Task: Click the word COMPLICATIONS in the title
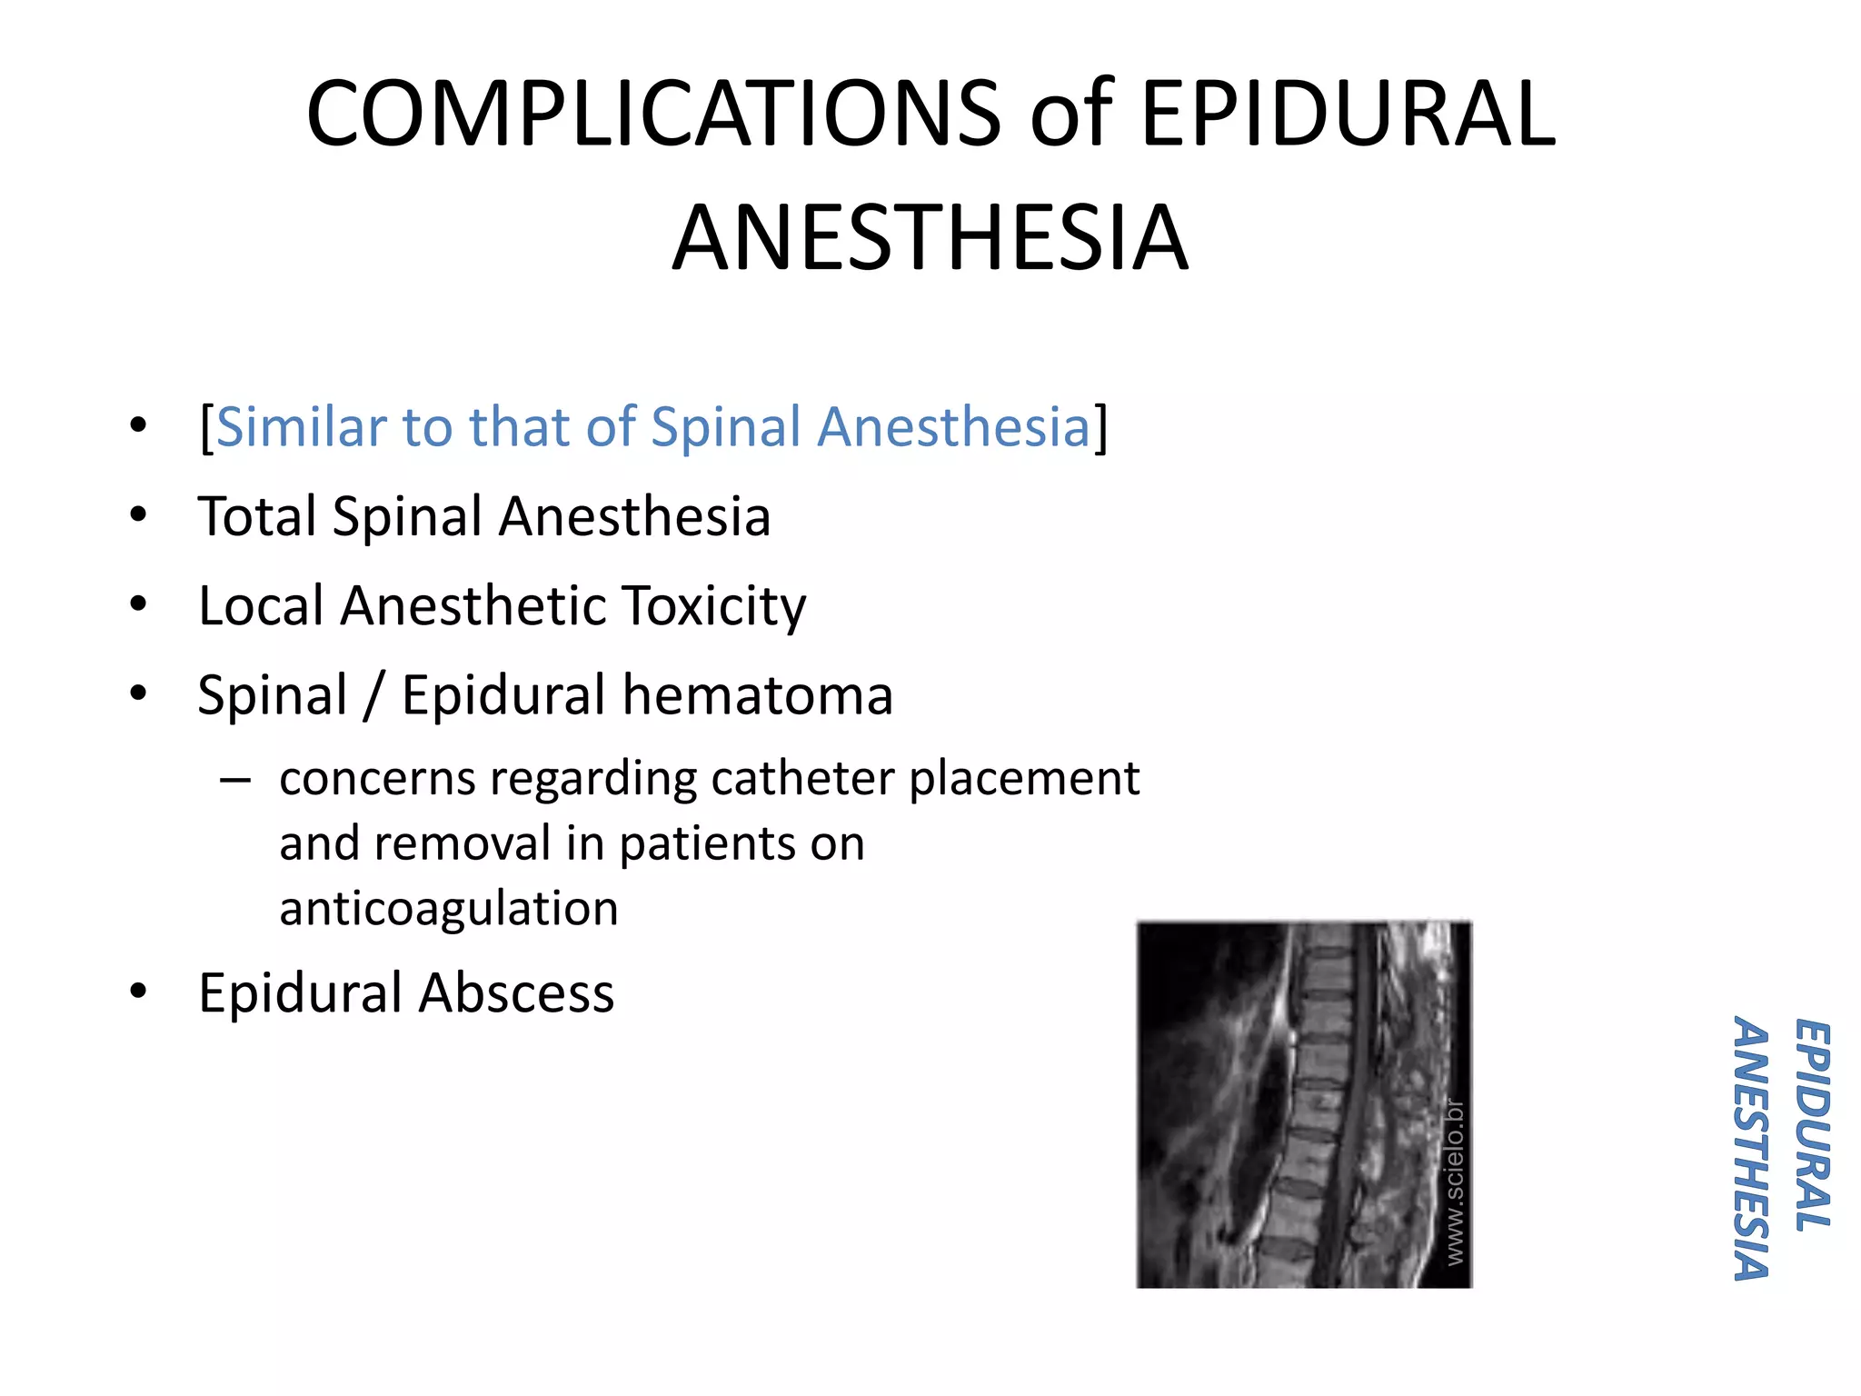(652, 115)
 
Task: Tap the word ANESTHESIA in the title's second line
(930, 238)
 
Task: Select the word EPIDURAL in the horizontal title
(1348, 115)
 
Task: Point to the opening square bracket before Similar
(206, 427)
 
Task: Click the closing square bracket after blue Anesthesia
(1101, 427)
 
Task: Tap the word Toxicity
(714, 607)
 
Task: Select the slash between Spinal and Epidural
(373, 697)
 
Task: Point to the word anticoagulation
(449, 908)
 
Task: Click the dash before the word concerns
(235, 780)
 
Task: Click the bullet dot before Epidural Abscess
(138, 991)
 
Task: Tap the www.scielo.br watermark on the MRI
(1455, 1181)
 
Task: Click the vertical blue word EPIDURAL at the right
(1812, 1125)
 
